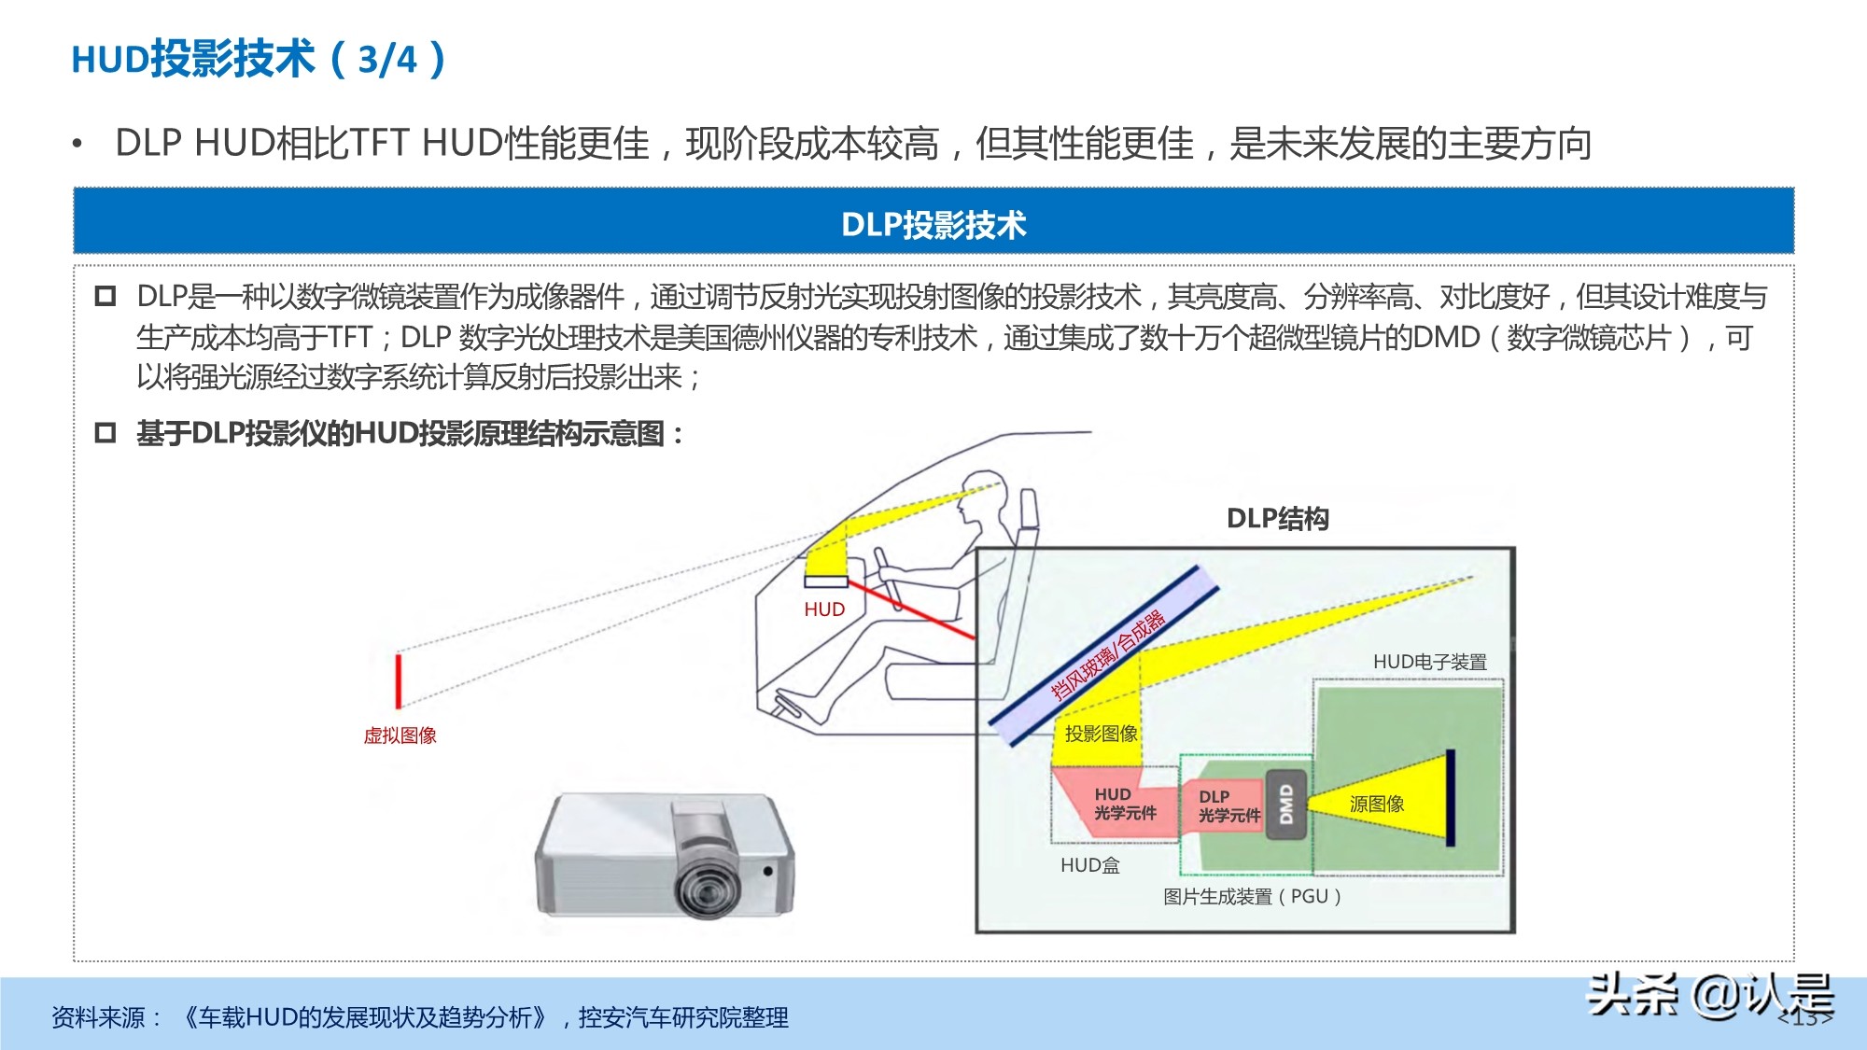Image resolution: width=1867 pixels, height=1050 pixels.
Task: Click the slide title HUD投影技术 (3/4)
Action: click(x=259, y=60)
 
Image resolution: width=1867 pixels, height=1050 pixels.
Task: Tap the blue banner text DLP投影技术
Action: click(x=933, y=225)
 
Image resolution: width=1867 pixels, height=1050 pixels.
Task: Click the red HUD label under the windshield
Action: click(x=824, y=609)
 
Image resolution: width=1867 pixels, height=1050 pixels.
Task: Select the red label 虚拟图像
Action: click(x=400, y=735)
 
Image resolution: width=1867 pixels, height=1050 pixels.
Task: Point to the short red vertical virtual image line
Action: click(x=399, y=680)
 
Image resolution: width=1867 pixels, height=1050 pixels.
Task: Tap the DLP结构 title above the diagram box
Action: click(x=1277, y=519)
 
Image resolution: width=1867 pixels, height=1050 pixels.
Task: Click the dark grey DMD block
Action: click(x=1285, y=805)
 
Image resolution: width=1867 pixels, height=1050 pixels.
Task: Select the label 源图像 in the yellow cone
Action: click(x=1376, y=804)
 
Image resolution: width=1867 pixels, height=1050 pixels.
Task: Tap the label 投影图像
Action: click(x=1101, y=734)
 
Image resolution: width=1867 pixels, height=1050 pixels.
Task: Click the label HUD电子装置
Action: click(x=1429, y=662)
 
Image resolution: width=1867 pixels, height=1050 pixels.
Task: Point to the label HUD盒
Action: click(x=1089, y=865)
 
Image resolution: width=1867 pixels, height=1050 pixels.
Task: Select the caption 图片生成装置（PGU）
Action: click(x=1252, y=897)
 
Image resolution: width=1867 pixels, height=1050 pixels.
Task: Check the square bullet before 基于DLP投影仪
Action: click(x=105, y=433)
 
